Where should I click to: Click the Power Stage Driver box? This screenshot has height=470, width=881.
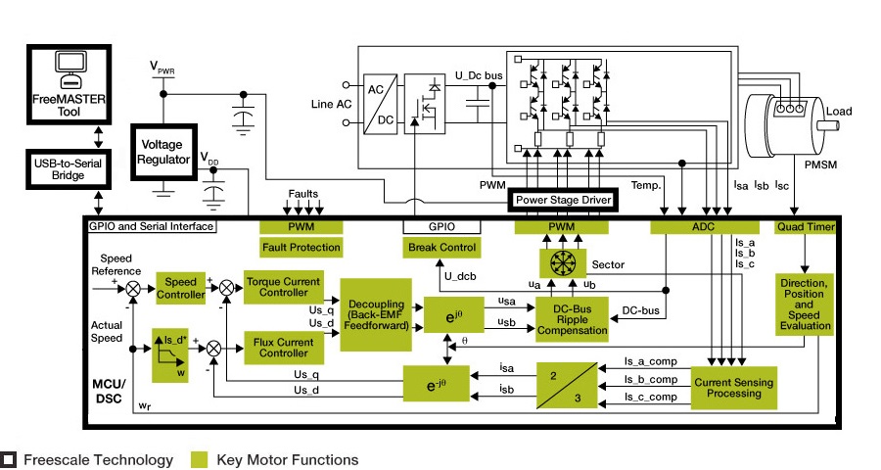[x=563, y=200]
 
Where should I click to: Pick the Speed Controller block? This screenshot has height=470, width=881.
[x=181, y=288]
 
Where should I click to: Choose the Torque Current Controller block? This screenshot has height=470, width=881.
[x=284, y=287]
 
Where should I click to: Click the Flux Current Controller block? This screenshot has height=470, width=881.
[x=283, y=348]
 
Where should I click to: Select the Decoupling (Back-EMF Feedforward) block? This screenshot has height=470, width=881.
[x=377, y=314]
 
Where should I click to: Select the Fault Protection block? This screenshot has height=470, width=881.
[x=301, y=248]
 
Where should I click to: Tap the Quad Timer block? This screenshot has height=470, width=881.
[x=804, y=227]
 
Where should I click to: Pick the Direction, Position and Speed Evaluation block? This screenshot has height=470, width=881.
[x=805, y=304]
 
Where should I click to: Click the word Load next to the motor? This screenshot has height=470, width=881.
[x=840, y=111]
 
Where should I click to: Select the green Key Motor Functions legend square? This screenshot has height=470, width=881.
[x=200, y=459]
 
